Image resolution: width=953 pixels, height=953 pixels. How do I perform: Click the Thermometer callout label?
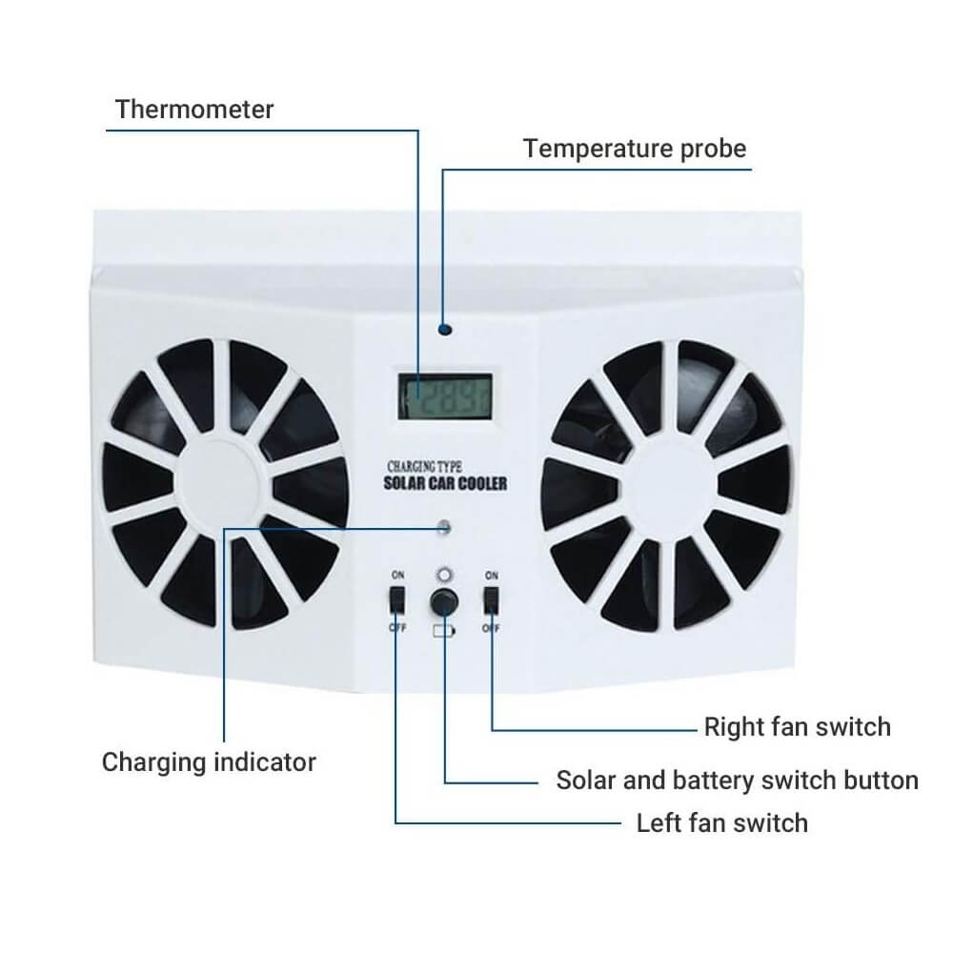point(194,109)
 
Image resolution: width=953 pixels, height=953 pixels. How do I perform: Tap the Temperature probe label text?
point(635,149)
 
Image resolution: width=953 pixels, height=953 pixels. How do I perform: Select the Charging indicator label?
point(209,762)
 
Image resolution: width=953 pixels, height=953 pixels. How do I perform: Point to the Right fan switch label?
point(797,727)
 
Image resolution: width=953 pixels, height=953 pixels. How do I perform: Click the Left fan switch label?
point(721,822)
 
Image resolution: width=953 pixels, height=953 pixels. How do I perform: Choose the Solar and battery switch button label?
point(737,781)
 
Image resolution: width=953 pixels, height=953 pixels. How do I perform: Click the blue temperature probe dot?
point(445,331)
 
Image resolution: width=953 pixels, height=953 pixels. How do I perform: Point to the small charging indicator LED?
point(445,526)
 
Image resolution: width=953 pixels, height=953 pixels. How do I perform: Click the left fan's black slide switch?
point(396,600)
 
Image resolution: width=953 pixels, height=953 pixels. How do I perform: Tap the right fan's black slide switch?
point(492,600)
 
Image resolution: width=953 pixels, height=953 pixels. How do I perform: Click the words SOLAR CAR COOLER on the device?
point(445,483)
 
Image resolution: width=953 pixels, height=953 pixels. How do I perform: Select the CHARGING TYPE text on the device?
point(424,466)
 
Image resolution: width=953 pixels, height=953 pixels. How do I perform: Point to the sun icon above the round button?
point(441,575)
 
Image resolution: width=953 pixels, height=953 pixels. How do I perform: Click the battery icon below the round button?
point(443,630)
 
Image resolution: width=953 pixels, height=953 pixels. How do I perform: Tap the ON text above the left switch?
point(396,575)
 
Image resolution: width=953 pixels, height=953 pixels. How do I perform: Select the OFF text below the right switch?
point(492,629)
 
